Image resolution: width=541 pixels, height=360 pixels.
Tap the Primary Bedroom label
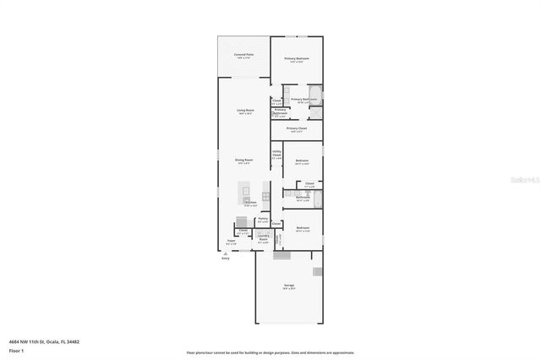click(296, 60)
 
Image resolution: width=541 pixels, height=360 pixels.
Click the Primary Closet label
click(296, 129)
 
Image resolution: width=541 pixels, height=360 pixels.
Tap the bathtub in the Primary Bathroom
click(315, 95)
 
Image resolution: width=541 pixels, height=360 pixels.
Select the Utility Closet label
click(276, 155)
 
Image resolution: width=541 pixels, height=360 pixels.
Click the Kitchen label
click(251, 204)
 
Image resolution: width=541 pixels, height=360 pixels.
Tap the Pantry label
click(263, 221)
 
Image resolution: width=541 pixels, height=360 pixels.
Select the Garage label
click(289, 286)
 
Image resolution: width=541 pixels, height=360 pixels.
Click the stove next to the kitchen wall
click(265, 197)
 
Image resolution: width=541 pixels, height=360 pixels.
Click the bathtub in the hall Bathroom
click(316, 199)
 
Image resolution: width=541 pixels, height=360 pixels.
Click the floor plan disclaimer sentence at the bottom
click(270, 352)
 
